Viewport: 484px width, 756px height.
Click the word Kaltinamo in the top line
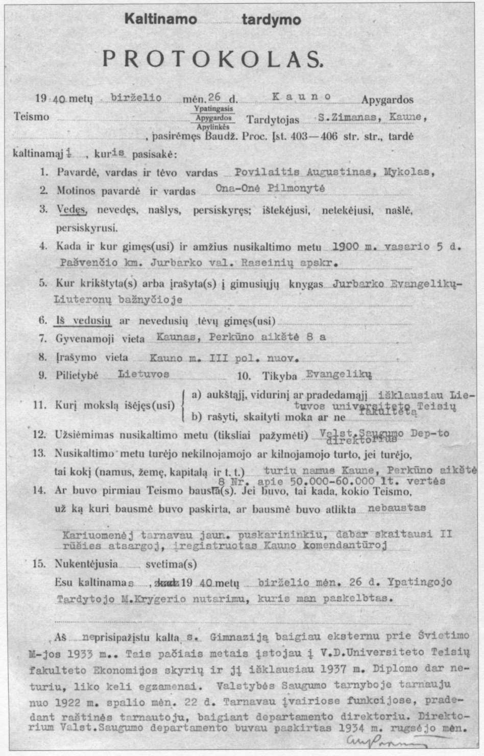(x=161, y=20)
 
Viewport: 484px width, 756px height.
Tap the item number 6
(x=43, y=321)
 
